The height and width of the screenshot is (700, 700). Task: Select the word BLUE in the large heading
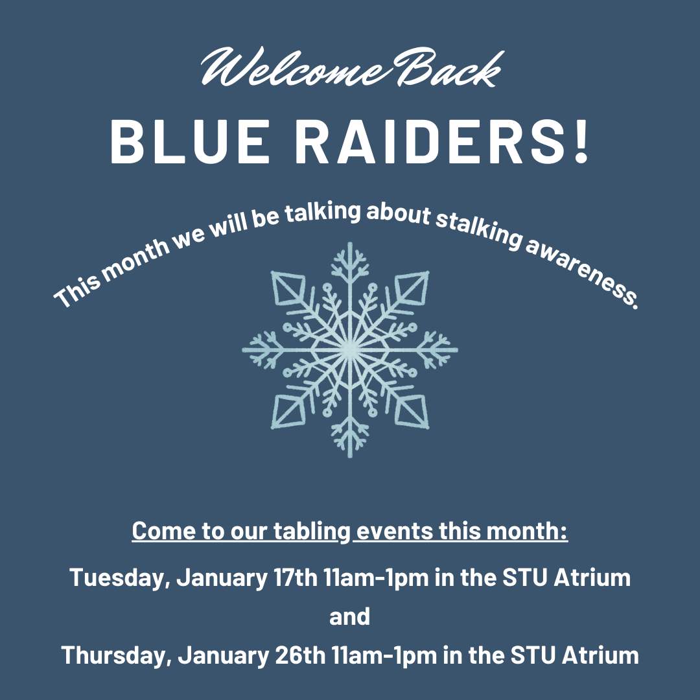(x=190, y=142)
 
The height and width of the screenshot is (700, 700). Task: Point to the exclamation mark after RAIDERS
(x=581, y=142)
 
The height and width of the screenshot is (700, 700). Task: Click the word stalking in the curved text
(x=478, y=228)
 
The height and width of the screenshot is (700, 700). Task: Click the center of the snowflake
(x=350, y=351)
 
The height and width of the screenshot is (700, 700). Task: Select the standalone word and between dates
(x=349, y=616)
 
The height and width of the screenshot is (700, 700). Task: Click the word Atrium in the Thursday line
(x=600, y=655)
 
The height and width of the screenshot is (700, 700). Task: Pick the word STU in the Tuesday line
(x=525, y=577)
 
